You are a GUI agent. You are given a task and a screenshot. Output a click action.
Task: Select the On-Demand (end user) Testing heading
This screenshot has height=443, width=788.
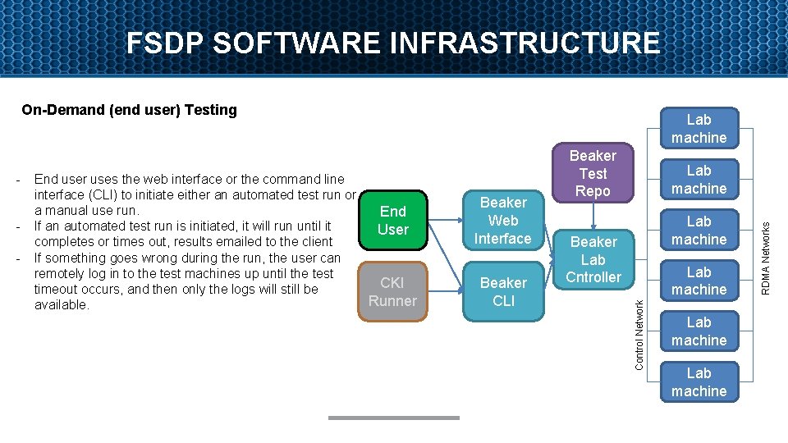[129, 110]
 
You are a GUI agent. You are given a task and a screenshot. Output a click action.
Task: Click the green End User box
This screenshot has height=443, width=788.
[392, 221]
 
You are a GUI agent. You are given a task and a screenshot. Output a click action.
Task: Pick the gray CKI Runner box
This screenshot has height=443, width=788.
[392, 292]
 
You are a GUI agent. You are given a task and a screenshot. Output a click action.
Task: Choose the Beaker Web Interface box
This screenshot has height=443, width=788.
[503, 221]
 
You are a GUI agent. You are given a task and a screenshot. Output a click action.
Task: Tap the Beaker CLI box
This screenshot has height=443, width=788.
[503, 292]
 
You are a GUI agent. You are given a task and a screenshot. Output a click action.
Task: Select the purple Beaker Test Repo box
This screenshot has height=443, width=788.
[593, 174]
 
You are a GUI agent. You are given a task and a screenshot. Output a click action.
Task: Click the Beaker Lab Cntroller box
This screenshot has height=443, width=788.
[593, 259]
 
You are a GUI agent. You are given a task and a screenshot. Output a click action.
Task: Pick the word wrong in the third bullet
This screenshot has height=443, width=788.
[152, 258]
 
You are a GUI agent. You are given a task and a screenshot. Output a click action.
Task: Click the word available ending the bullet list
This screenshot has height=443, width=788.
[61, 305]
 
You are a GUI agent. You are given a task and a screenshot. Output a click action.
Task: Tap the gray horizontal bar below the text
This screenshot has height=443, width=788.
[393, 418]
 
